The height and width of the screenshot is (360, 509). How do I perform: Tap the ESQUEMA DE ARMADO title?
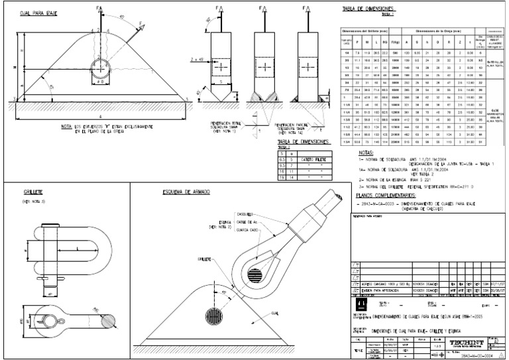(186, 192)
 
